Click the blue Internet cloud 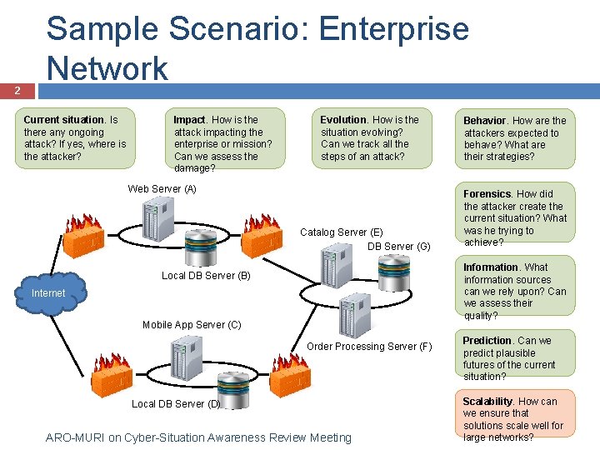[48, 292]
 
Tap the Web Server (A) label [162, 189]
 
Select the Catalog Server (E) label [342, 232]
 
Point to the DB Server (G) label [398, 246]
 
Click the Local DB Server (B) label [206, 275]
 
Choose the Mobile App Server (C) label [192, 325]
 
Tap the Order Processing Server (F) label [369, 347]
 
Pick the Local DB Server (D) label [176, 404]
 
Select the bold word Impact [189, 120]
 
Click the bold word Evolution [343, 120]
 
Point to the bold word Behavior [486, 121]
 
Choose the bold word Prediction [487, 341]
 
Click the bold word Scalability [488, 402]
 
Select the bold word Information [491, 267]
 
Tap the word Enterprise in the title [394, 29]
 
